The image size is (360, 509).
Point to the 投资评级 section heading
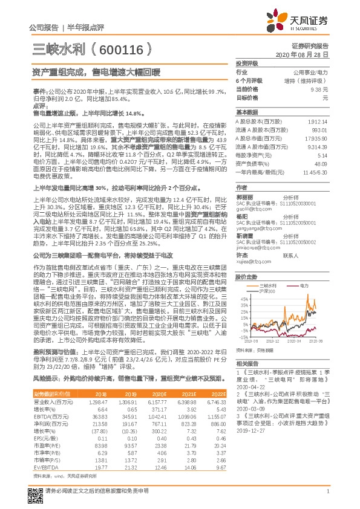pyautogui.click(x=246, y=63)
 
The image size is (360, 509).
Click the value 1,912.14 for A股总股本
pyautogui.click(x=319, y=120)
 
